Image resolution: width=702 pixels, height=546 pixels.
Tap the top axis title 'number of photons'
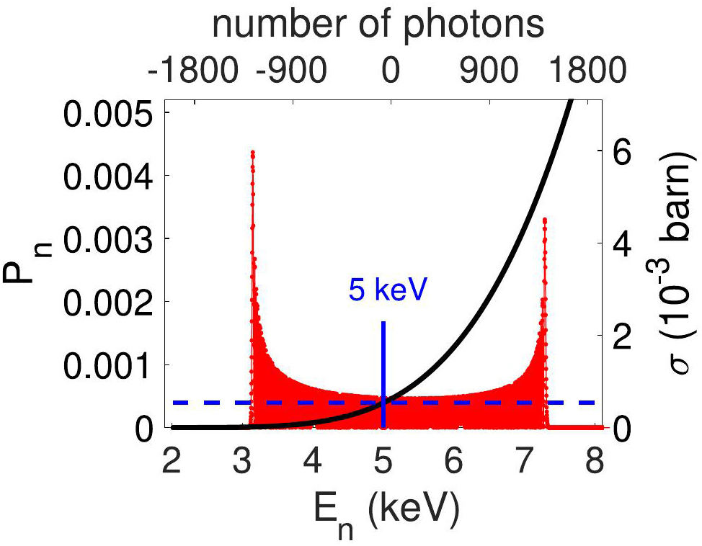[x=377, y=24]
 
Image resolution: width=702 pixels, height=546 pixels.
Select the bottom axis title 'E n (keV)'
[x=382, y=512]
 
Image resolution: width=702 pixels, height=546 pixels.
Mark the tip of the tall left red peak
[x=253, y=152]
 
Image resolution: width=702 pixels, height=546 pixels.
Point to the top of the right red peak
[x=545, y=219]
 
